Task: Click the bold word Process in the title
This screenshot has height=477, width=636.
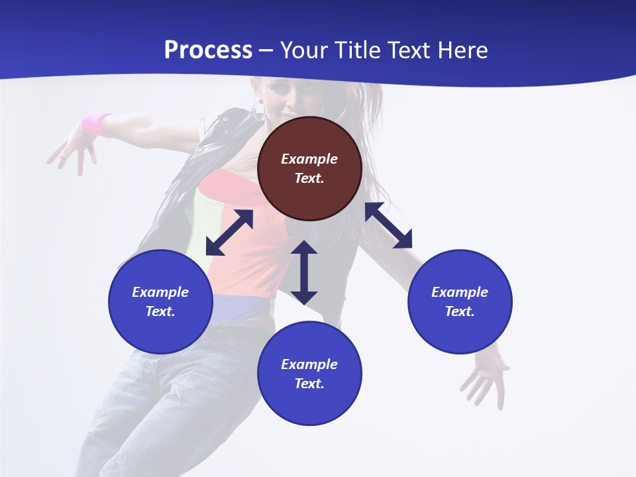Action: (x=208, y=50)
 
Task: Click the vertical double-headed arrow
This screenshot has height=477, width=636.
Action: (x=304, y=272)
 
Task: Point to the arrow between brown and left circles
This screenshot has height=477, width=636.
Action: (x=229, y=233)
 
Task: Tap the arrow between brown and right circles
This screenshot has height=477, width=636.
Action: (x=388, y=225)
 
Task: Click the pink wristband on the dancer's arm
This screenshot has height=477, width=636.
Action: (x=97, y=124)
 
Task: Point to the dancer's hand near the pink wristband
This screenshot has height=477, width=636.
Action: (x=70, y=151)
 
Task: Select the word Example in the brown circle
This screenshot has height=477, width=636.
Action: (x=309, y=159)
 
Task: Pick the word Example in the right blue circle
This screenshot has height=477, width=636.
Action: (x=460, y=292)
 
